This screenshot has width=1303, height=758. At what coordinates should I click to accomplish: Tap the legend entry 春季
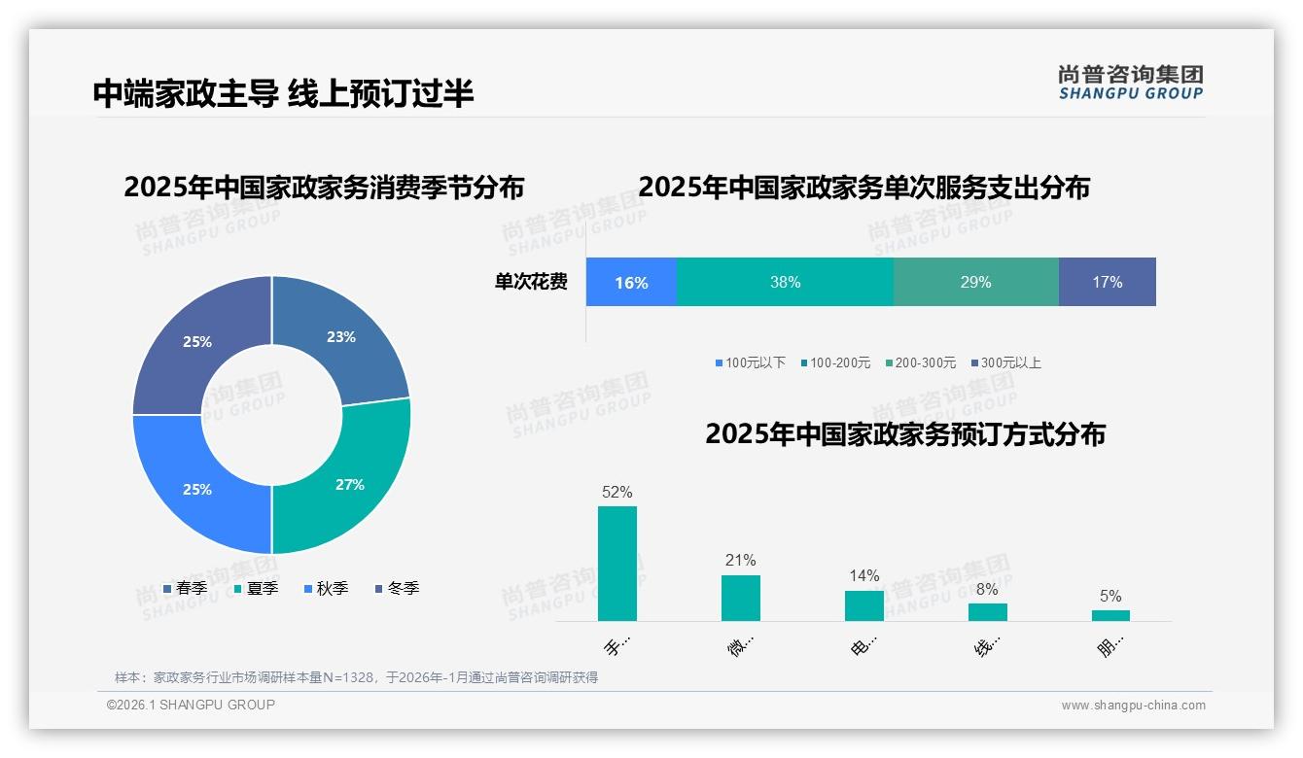pos(185,588)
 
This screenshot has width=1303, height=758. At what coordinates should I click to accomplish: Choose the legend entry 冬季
pos(397,588)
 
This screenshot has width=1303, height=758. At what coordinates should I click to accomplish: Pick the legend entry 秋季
pos(326,588)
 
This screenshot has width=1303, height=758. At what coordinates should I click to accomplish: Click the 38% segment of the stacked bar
pos(785,282)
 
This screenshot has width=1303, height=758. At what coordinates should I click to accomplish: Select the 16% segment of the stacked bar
pos(631,282)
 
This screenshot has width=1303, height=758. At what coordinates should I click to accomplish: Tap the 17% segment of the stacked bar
pos(1107,282)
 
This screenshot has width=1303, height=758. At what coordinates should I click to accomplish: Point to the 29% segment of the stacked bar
pos(975,282)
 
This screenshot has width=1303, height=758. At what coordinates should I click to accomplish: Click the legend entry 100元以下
pos(750,362)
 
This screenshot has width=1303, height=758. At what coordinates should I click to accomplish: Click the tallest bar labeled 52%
pos(617,564)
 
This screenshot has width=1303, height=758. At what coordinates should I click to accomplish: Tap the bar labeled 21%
pos(741,598)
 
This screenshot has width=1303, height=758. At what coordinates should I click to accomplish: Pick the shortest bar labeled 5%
pos(1110,615)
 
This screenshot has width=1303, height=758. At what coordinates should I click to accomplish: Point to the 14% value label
pos(863,575)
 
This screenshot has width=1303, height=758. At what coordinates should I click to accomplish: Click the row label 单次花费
pos(531,282)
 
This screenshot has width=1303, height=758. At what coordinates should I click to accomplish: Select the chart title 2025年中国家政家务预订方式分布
pos(904,434)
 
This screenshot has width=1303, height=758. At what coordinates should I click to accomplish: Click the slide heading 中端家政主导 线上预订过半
pos(283,93)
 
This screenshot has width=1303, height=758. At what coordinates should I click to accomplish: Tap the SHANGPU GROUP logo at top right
pos(1130,83)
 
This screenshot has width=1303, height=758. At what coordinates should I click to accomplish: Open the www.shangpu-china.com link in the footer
pos(1133,706)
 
